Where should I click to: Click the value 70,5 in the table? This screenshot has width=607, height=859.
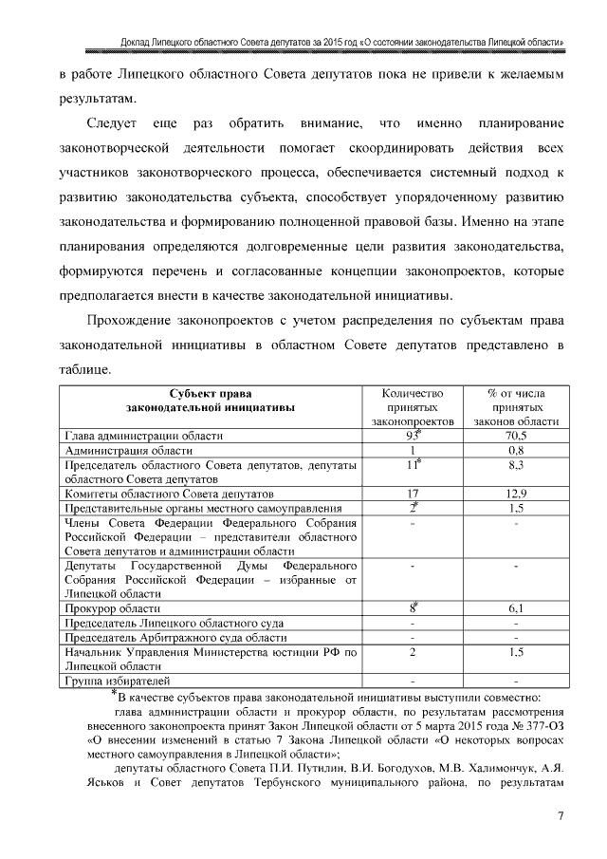[516, 436]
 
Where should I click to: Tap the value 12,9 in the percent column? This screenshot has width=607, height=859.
[516, 494]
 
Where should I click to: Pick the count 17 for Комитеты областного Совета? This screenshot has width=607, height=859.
[413, 494]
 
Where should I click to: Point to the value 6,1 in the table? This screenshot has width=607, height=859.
[516, 607]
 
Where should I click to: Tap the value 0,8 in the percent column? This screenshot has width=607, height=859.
[516, 450]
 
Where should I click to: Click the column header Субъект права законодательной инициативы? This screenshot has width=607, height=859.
[212, 400]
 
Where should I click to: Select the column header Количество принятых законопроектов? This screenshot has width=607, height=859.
[413, 406]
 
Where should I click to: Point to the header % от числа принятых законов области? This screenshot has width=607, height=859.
[516, 406]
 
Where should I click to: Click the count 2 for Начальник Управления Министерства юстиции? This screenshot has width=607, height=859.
[413, 652]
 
